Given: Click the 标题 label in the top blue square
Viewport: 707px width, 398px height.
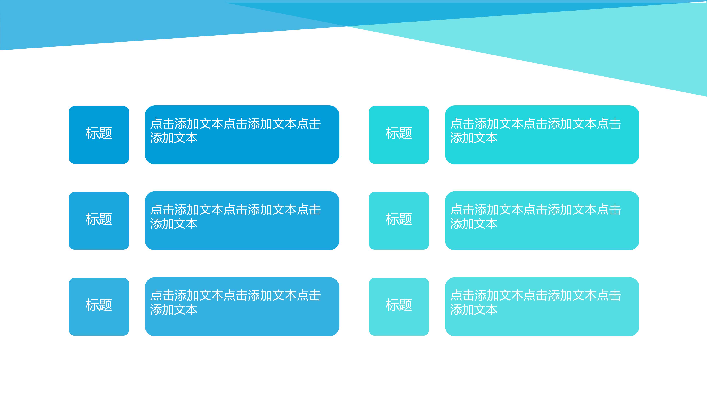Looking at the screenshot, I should point(99,133).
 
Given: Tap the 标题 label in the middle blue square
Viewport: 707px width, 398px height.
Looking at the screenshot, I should point(99,219).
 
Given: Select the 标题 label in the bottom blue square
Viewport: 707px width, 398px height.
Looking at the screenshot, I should point(99,305).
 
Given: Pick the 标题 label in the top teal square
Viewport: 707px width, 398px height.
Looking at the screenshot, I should point(399,133).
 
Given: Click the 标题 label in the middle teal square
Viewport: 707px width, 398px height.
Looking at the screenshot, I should point(399,219).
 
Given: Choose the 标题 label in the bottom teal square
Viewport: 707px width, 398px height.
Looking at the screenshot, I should point(399,305).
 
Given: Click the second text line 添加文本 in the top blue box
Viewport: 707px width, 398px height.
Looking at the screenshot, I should point(174,138).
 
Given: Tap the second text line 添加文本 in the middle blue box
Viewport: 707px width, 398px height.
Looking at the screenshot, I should point(174,224).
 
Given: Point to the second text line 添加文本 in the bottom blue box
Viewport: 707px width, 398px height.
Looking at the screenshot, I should point(174,310).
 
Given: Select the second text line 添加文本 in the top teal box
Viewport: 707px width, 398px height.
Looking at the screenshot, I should point(474,138).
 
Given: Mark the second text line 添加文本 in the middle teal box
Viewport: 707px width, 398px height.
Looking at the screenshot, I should point(474,224).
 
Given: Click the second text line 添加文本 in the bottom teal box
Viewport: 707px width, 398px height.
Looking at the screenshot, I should point(474,310).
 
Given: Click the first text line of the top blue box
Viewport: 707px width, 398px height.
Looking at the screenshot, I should point(235,124).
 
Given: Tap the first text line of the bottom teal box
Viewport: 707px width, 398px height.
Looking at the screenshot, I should point(535,296).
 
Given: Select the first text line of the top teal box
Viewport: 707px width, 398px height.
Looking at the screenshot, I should point(535,124).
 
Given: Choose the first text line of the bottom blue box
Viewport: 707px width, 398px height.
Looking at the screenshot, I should point(235,296).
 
